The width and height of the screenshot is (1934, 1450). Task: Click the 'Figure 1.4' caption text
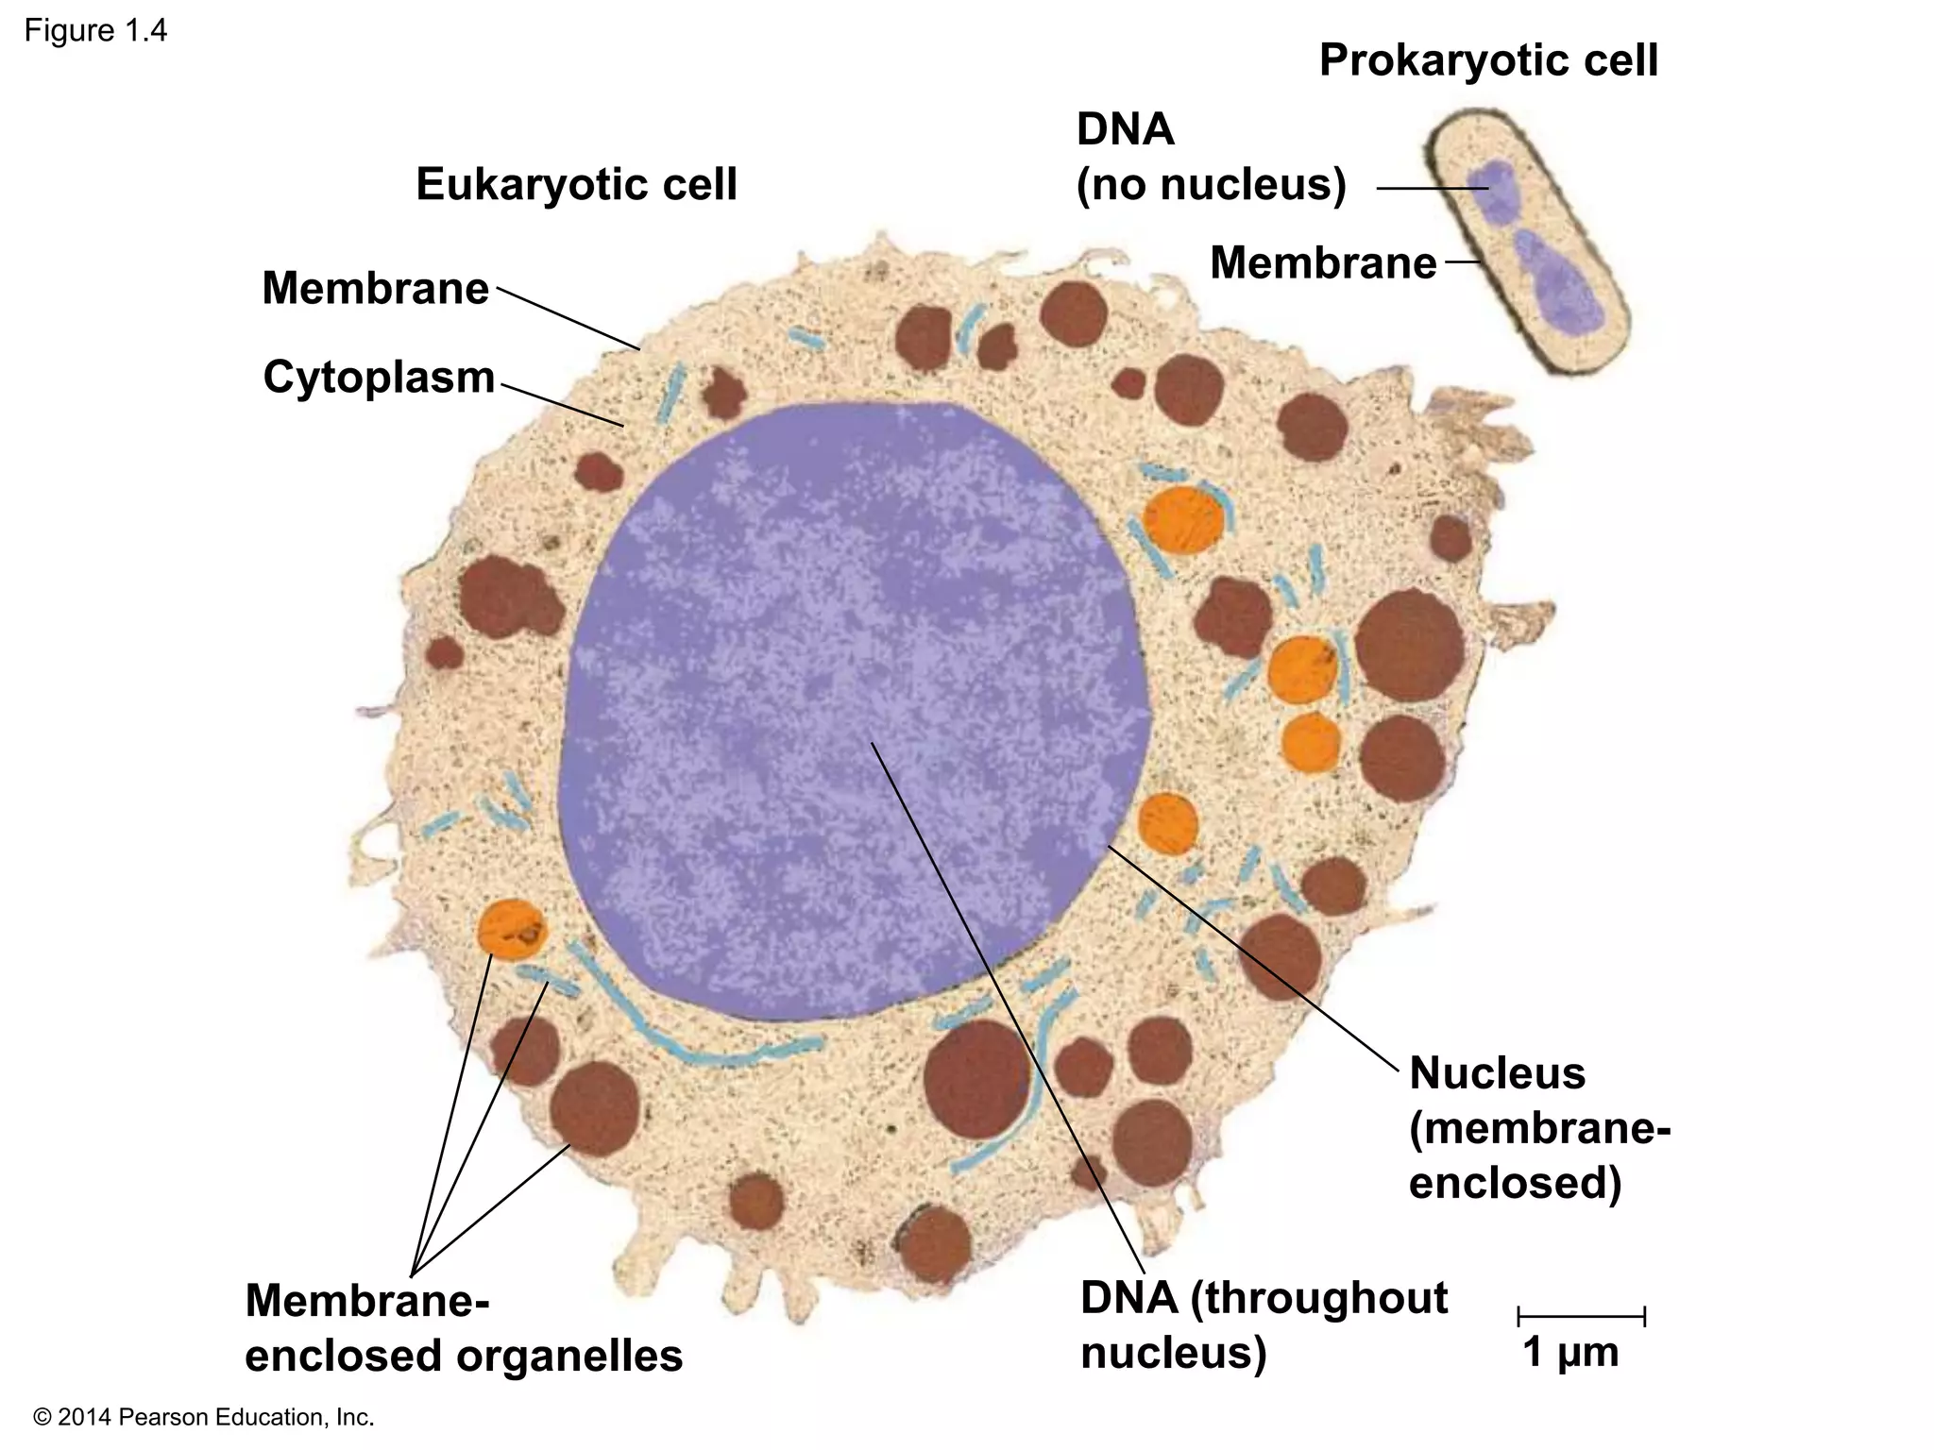[x=95, y=31]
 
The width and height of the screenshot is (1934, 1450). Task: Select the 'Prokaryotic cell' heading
[x=1487, y=61]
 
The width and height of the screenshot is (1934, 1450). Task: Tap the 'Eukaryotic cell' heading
[x=576, y=184]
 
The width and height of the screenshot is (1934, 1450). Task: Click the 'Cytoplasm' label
[x=379, y=378]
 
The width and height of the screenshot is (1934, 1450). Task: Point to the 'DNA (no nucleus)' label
[x=1210, y=158]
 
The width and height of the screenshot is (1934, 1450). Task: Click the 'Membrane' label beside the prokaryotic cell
[x=1322, y=262]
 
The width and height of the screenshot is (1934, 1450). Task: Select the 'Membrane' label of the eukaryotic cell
[x=375, y=288]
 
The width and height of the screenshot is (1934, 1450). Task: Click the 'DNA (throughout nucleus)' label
[x=1263, y=1324]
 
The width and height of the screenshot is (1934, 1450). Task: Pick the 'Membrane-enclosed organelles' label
[x=463, y=1328]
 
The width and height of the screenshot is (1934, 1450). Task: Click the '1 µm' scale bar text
[x=1569, y=1352]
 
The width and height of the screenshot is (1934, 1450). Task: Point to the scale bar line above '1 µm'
[x=1581, y=1316]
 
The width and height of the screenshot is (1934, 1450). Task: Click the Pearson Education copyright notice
[x=203, y=1417]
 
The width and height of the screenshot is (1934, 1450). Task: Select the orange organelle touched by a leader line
[x=511, y=930]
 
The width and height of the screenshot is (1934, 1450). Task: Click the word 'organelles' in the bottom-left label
[x=569, y=1357]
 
